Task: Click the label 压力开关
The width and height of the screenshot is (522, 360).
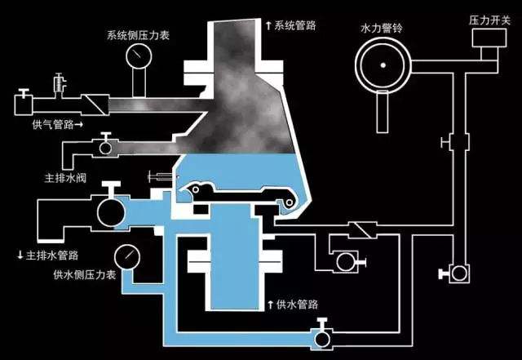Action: (488, 18)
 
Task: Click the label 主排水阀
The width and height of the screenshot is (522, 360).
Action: (61, 174)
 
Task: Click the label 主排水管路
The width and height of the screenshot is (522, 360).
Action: (50, 256)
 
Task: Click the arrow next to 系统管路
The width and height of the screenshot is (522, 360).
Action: (268, 25)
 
